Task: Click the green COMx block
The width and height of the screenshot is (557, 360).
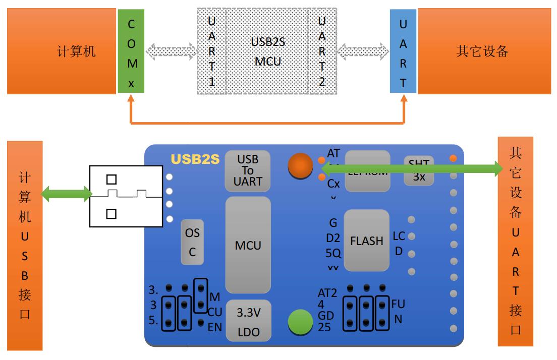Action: point(131,51)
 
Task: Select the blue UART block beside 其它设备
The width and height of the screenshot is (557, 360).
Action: point(403,51)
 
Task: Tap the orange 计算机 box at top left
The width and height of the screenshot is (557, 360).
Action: point(62,51)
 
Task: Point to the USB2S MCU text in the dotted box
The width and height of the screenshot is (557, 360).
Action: point(268,51)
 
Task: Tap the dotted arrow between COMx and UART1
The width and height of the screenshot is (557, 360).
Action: point(171,51)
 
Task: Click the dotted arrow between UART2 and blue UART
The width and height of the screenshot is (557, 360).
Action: point(363,51)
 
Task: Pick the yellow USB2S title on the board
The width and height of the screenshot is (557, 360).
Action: point(195,159)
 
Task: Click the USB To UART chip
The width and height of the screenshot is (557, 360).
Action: point(247,170)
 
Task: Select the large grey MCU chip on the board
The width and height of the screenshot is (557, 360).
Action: point(248,246)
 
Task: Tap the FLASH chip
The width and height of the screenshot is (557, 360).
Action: point(366,241)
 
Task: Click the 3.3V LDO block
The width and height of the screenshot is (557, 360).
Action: point(249,320)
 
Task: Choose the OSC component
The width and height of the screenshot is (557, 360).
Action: point(192,243)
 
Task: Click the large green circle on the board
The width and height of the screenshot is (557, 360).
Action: point(301,323)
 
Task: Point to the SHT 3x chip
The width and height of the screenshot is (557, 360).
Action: point(418,169)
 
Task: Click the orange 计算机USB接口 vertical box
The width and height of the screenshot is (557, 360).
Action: point(25,245)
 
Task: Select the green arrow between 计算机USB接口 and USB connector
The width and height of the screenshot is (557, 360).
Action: point(66,194)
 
